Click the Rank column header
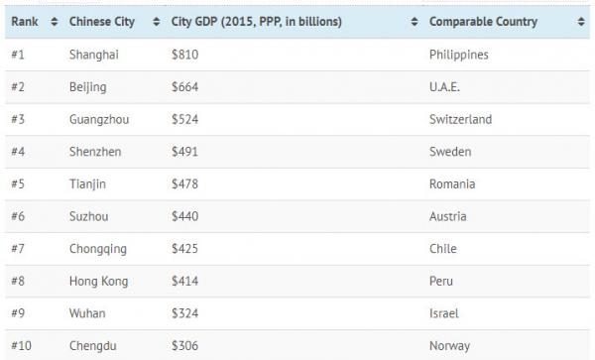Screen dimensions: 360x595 click(25, 21)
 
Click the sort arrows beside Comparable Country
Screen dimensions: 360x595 click(579, 21)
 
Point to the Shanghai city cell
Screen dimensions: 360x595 click(94, 55)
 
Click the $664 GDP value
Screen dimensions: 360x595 click(185, 87)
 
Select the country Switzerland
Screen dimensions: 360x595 click(460, 120)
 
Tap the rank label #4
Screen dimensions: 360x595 click(19, 152)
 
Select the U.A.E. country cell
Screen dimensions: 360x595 click(446, 87)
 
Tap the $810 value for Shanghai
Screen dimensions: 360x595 click(185, 55)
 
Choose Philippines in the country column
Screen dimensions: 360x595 click(459, 55)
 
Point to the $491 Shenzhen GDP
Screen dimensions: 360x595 click(185, 152)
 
